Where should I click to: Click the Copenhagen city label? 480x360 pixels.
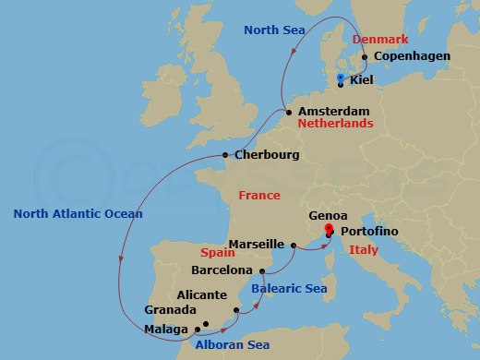coord(412,56)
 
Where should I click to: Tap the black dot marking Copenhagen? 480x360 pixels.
coord(365,57)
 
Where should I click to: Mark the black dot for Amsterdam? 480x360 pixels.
coord(289,113)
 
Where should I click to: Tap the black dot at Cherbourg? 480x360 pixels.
coord(225,155)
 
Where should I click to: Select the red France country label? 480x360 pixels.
coord(258,196)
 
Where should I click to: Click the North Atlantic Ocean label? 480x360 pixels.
coord(78,214)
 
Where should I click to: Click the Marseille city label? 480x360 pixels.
coord(256,245)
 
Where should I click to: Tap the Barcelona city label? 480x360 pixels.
coord(221,270)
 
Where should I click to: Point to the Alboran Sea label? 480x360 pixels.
coord(232,344)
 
